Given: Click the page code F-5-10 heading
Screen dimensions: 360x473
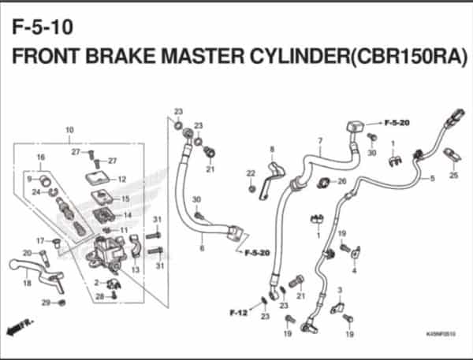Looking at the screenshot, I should click(x=43, y=28).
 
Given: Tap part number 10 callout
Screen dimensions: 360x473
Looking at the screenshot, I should click(x=69, y=130).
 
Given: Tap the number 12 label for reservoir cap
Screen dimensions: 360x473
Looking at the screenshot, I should click(x=122, y=180).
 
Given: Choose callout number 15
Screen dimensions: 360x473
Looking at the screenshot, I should click(x=126, y=199).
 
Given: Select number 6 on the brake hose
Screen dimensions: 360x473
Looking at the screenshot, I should click(x=202, y=248).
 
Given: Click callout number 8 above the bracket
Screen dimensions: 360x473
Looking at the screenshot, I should click(x=271, y=149).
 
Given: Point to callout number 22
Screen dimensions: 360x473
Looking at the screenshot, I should click(x=250, y=173).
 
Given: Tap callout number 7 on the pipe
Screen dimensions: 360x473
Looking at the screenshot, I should click(x=320, y=143).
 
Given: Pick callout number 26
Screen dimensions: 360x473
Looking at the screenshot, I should click(x=341, y=181).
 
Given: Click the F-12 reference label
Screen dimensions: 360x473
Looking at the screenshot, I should click(x=237, y=313).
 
